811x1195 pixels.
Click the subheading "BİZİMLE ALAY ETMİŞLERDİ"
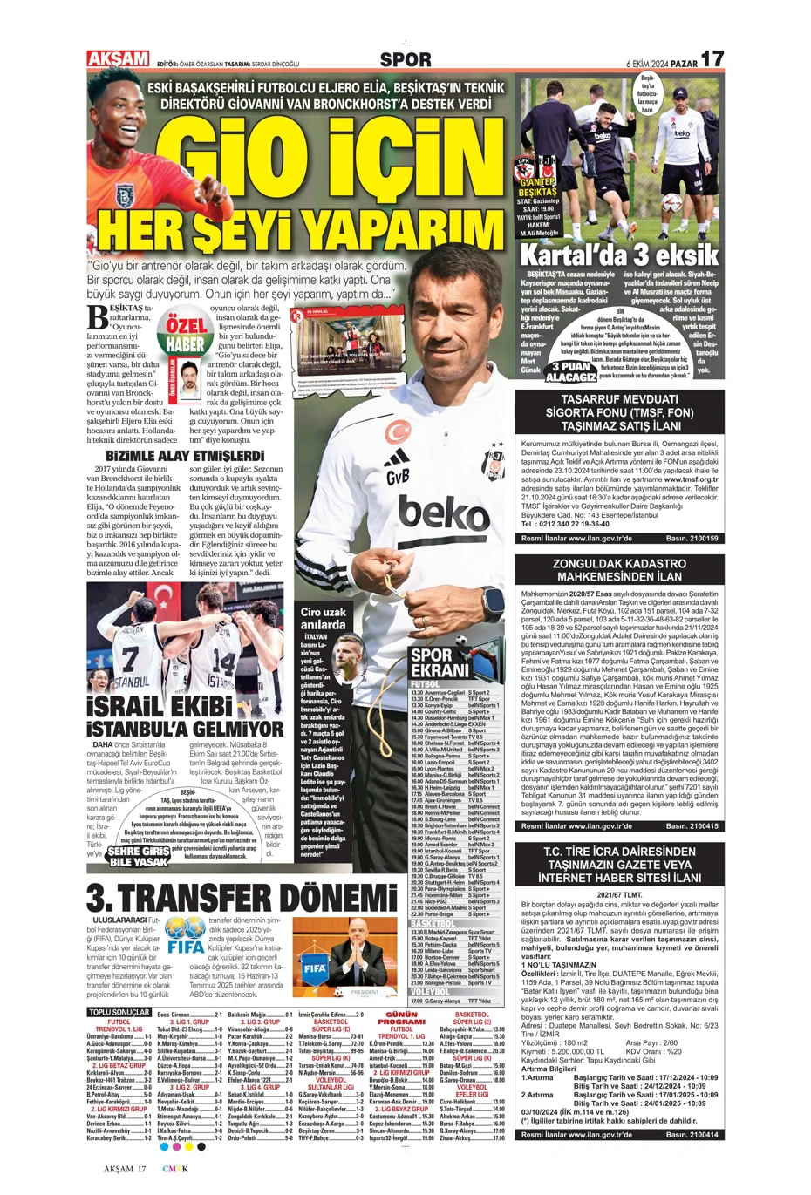pos(185,456)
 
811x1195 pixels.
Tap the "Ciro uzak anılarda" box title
pos(323,618)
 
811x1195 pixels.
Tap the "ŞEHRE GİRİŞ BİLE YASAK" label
pos(139,856)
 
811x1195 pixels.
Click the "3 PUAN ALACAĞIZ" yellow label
pos(571,372)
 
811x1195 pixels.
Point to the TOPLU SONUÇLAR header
pos(119,1012)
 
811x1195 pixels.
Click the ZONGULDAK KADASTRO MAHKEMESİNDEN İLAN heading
pos(619,570)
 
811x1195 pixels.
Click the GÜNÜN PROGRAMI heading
pos(401,1018)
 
